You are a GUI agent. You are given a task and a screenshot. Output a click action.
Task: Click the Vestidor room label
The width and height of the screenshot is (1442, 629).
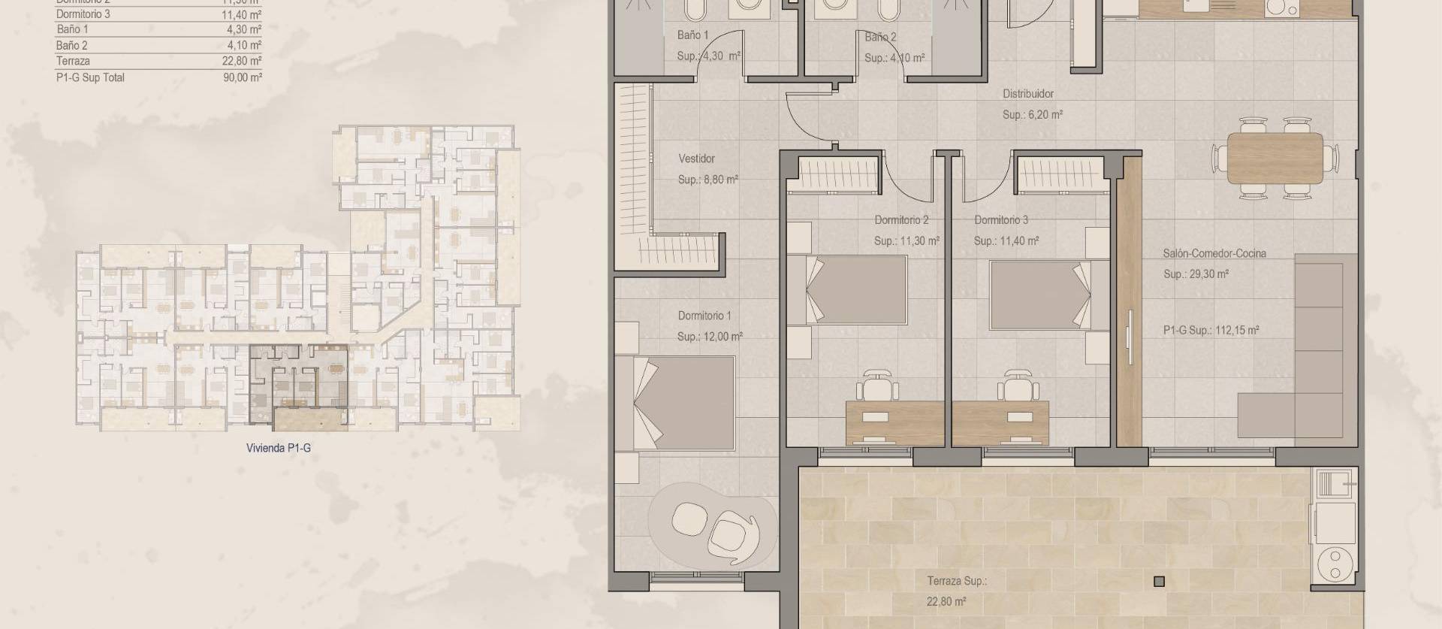click(x=696, y=159)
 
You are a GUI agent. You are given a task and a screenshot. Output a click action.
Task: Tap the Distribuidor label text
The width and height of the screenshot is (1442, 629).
click(x=1027, y=94)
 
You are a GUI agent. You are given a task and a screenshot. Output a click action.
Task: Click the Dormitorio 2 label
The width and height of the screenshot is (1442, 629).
click(x=901, y=220)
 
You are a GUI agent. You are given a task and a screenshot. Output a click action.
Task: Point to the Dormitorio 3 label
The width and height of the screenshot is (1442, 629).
click(x=1001, y=220)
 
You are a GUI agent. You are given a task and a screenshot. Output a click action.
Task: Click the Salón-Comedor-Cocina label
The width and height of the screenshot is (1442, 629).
click(x=1214, y=253)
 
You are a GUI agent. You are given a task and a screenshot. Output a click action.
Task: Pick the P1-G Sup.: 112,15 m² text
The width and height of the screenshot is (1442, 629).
click(x=1211, y=330)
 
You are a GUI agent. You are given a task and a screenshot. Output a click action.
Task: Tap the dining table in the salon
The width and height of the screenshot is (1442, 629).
click(x=1275, y=158)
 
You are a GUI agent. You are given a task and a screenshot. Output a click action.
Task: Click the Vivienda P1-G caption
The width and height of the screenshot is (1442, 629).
click(x=278, y=448)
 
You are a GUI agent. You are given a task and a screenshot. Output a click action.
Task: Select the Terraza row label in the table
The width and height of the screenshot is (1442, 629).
click(x=73, y=62)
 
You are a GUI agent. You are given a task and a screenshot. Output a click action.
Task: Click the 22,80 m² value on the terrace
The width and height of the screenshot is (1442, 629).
click(x=946, y=601)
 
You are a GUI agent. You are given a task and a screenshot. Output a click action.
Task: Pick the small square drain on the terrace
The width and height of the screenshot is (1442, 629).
click(x=1159, y=581)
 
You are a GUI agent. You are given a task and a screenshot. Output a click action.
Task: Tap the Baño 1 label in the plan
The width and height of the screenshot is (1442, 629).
click(x=692, y=35)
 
